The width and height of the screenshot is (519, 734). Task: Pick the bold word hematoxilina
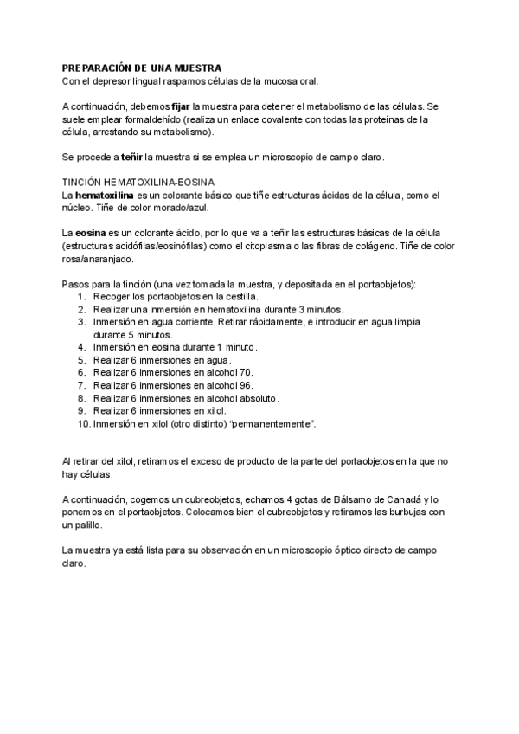click(103, 196)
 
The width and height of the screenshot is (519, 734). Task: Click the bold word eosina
click(89, 234)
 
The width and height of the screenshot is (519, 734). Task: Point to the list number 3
click(81, 321)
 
